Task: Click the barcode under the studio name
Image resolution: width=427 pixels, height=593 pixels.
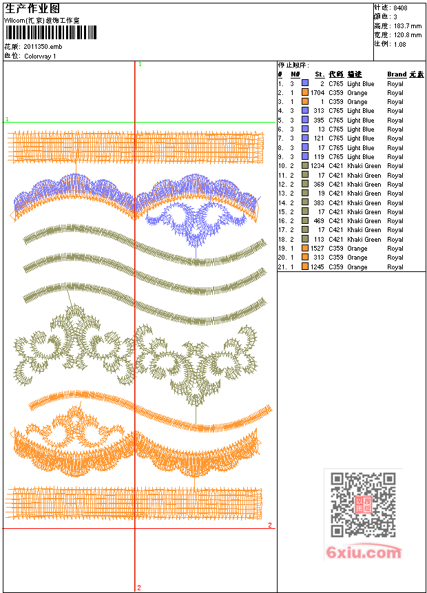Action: pos(51,32)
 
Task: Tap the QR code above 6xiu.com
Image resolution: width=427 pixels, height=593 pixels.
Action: pos(363,504)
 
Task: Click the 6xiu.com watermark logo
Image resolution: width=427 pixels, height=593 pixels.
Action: pos(364,552)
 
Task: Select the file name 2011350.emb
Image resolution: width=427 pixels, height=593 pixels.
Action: pos(43,47)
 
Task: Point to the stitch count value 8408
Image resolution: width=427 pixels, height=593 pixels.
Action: pos(400,8)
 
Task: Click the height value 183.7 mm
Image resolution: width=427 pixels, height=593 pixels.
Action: pos(408,25)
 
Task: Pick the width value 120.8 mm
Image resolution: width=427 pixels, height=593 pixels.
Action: pos(408,35)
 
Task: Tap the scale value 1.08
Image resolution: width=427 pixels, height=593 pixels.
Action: pos(399,44)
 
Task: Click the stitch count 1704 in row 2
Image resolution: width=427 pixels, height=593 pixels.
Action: pos(317,93)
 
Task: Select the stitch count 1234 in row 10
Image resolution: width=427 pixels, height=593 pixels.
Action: pos(317,166)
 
